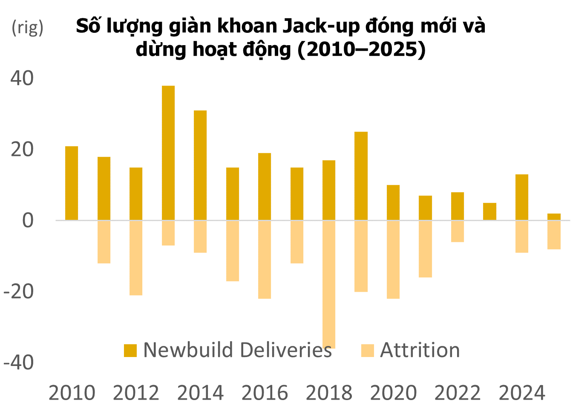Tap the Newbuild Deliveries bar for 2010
(72, 183)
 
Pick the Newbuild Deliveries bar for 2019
(361, 176)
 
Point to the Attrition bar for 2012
(136, 257)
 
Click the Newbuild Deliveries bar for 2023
(489, 211)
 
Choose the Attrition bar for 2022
(458, 231)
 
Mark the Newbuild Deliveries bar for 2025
(554, 217)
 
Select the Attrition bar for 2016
(265, 259)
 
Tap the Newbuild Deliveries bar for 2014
(200, 165)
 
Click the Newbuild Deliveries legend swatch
(130, 351)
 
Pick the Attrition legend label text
(420, 350)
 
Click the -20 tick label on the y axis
(19, 291)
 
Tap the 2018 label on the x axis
(329, 393)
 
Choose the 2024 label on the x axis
(522, 393)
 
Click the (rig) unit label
(28, 28)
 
